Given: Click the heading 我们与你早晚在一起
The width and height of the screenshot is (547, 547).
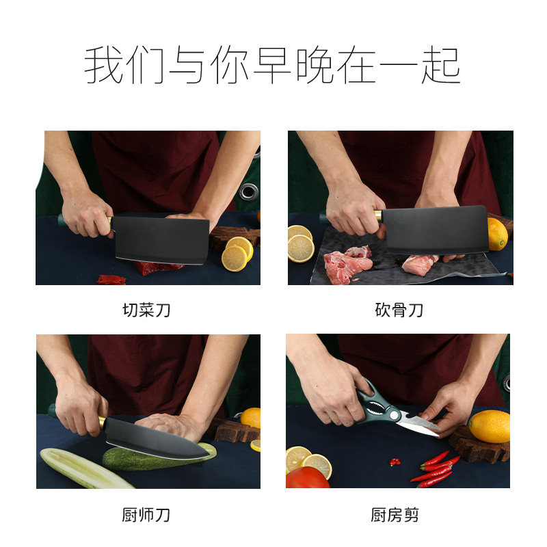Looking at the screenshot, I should [x=273, y=66].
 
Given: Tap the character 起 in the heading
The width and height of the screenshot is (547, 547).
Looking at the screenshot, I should [x=441, y=66].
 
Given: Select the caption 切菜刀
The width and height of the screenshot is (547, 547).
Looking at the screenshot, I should [x=146, y=310].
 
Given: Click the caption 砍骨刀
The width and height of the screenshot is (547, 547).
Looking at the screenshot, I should [x=399, y=310].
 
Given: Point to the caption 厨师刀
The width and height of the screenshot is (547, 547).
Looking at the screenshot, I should [x=146, y=515].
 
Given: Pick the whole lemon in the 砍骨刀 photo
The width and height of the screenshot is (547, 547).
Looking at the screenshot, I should [x=497, y=235].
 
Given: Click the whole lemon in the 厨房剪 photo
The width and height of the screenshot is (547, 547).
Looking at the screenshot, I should [x=489, y=426].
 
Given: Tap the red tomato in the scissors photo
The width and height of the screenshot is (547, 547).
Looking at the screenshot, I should [x=307, y=478].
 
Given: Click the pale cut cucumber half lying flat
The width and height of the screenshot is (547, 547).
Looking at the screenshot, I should [x=85, y=468].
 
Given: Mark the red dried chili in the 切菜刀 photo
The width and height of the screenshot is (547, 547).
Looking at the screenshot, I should [x=111, y=279].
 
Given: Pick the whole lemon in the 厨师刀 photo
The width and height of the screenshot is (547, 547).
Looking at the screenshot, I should [x=251, y=417].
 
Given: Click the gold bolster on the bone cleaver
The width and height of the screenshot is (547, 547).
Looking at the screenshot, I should [x=378, y=216].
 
